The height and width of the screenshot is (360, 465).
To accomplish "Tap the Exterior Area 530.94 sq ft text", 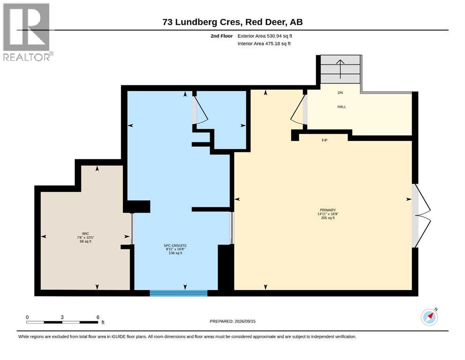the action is click(x=265, y=36).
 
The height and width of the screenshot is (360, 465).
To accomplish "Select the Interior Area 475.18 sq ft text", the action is click(x=264, y=44).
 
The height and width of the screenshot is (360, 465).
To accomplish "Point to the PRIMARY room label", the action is click(x=328, y=210).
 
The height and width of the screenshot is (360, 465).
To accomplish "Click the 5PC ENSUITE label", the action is click(x=175, y=246).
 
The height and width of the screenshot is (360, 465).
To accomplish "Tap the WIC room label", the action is click(x=85, y=233).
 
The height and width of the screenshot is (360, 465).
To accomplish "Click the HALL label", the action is click(x=342, y=107).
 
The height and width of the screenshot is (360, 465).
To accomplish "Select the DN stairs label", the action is click(x=340, y=93).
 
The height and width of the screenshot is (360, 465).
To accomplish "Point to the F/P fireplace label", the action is click(x=325, y=140).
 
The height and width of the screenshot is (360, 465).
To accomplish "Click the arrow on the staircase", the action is click(x=340, y=69).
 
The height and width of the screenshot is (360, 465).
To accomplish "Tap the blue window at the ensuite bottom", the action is click(x=178, y=293).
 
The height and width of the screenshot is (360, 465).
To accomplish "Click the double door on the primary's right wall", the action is click(x=422, y=216).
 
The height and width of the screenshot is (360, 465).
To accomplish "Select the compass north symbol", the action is click(x=429, y=317).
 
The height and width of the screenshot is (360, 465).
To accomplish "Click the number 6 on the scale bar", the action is click(x=98, y=317).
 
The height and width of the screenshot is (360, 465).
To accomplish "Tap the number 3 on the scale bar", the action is click(x=62, y=317).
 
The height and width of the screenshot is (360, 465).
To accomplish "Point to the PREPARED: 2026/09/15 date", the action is click(x=232, y=321).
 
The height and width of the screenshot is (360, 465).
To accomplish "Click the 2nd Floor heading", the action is click(x=221, y=36).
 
